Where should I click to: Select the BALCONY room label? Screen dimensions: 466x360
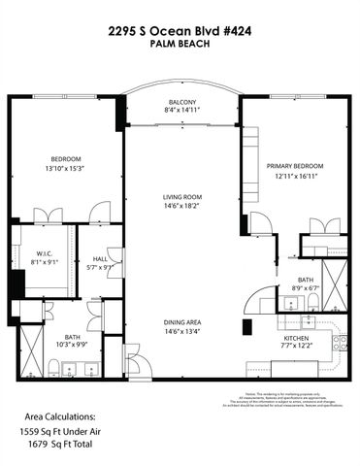tap(182, 102)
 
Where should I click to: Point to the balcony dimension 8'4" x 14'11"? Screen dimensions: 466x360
tap(182, 112)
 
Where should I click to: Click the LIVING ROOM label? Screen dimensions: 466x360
tap(181, 197)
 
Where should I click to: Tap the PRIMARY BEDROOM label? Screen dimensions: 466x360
tap(295, 166)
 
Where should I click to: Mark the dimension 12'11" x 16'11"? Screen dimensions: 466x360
tap(295, 177)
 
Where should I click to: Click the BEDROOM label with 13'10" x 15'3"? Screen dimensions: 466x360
tap(66, 158)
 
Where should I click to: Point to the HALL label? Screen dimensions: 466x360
tap(101, 258)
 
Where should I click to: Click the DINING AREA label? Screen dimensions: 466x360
tap(181, 322)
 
